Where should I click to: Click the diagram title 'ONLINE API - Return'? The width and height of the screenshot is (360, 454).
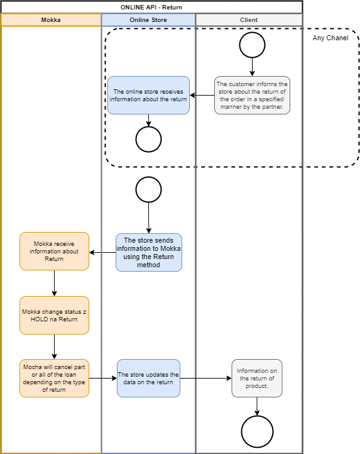point(151,8)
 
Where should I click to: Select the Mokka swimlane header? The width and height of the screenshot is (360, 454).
point(51,20)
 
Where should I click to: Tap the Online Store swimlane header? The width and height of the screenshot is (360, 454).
point(148,20)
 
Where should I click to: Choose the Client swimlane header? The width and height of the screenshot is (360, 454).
point(249,20)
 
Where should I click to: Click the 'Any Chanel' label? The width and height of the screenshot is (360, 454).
point(330,38)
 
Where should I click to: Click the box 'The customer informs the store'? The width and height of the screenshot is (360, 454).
point(252,95)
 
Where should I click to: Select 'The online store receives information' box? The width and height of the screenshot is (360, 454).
point(148,95)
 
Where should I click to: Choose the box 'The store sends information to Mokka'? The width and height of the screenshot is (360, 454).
point(149,253)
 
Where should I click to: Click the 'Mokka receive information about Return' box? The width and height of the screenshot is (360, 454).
point(54,252)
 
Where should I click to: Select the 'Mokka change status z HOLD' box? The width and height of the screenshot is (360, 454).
point(54,315)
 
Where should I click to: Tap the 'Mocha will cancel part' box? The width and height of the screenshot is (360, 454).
point(54,378)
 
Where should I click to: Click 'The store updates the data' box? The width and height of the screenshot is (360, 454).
point(148,378)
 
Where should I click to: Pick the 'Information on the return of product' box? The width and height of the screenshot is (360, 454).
point(257,378)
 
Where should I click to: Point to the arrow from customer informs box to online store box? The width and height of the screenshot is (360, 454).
point(202,95)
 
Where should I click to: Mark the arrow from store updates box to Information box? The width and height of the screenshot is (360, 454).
point(205,378)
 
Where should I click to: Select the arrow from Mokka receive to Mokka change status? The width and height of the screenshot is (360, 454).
point(54,283)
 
